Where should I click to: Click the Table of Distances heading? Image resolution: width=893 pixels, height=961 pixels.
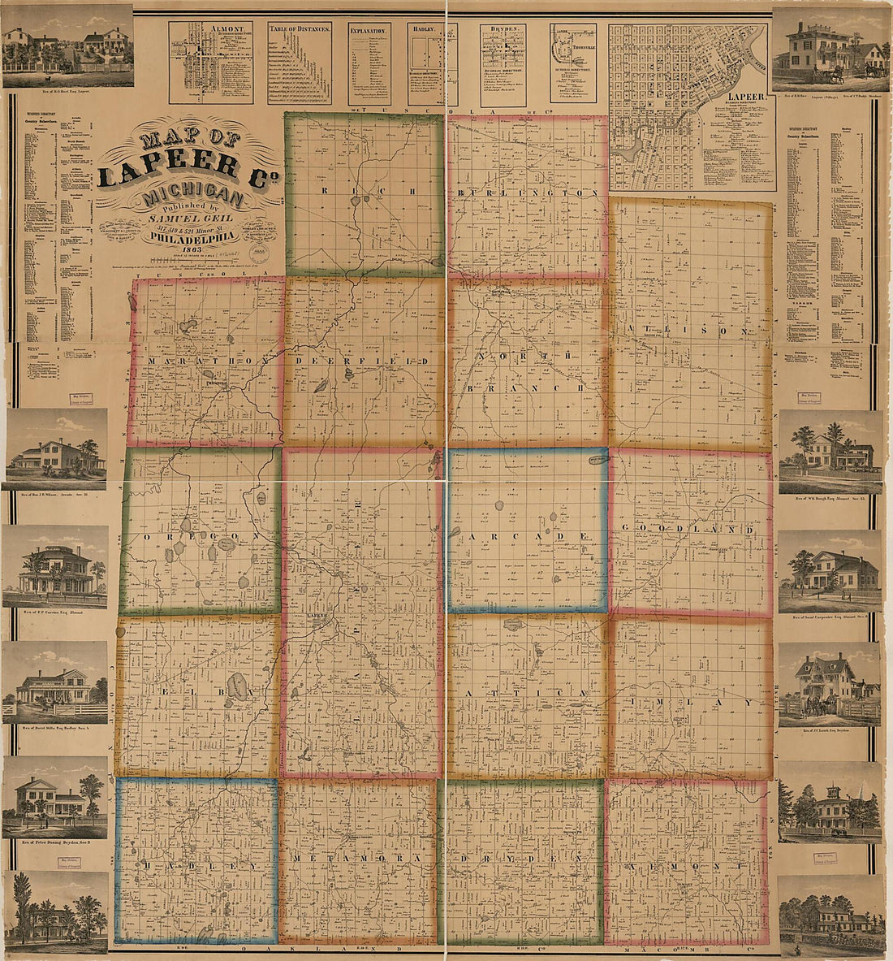click(x=299, y=28)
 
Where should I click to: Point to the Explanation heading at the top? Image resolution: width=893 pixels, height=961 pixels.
click(x=369, y=28)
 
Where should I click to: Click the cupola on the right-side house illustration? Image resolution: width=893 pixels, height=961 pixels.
click(x=831, y=789)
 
